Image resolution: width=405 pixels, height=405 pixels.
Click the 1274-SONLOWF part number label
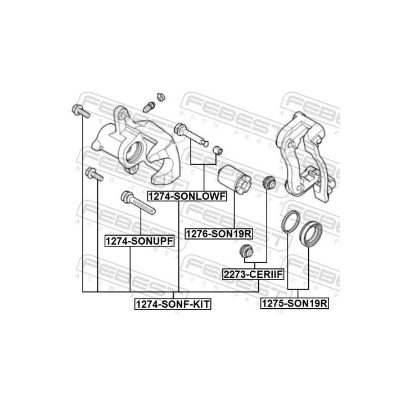[x=186, y=196]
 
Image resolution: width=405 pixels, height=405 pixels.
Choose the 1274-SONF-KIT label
[x=172, y=304]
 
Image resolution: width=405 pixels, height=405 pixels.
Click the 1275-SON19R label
[x=294, y=304]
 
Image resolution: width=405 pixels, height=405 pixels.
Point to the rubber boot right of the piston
[x=269, y=183]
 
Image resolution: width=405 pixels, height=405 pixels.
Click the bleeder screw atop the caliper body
[x=150, y=106]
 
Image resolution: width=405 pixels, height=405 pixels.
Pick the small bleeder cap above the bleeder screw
[x=160, y=96]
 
